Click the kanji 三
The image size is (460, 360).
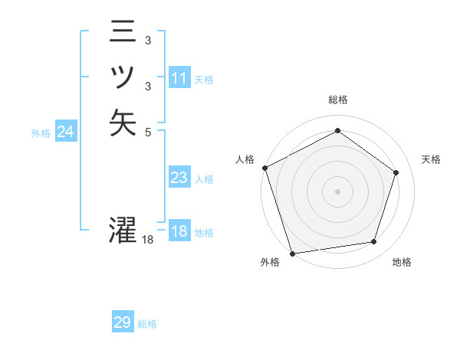click(123, 32)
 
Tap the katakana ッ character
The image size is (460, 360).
click(123, 77)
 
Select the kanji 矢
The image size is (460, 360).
click(123, 122)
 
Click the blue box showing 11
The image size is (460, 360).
click(179, 78)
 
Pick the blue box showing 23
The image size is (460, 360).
click(179, 178)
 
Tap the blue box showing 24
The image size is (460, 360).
click(66, 133)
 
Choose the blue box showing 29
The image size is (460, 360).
click(123, 323)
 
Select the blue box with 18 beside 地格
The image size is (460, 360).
click(179, 232)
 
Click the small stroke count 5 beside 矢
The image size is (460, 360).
click(147, 132)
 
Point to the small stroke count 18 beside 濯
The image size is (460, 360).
click(148, 240)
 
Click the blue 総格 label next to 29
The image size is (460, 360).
click(147, 324)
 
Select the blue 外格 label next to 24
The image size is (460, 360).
click(41, 133)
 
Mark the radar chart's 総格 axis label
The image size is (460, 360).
click(337, 100)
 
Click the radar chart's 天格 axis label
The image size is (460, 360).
click(432, 159)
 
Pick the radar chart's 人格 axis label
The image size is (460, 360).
click(245, 159)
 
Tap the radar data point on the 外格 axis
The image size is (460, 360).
click(292, 254)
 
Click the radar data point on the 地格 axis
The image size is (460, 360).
click(373, 242)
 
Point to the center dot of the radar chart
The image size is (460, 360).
click(337, 191)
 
